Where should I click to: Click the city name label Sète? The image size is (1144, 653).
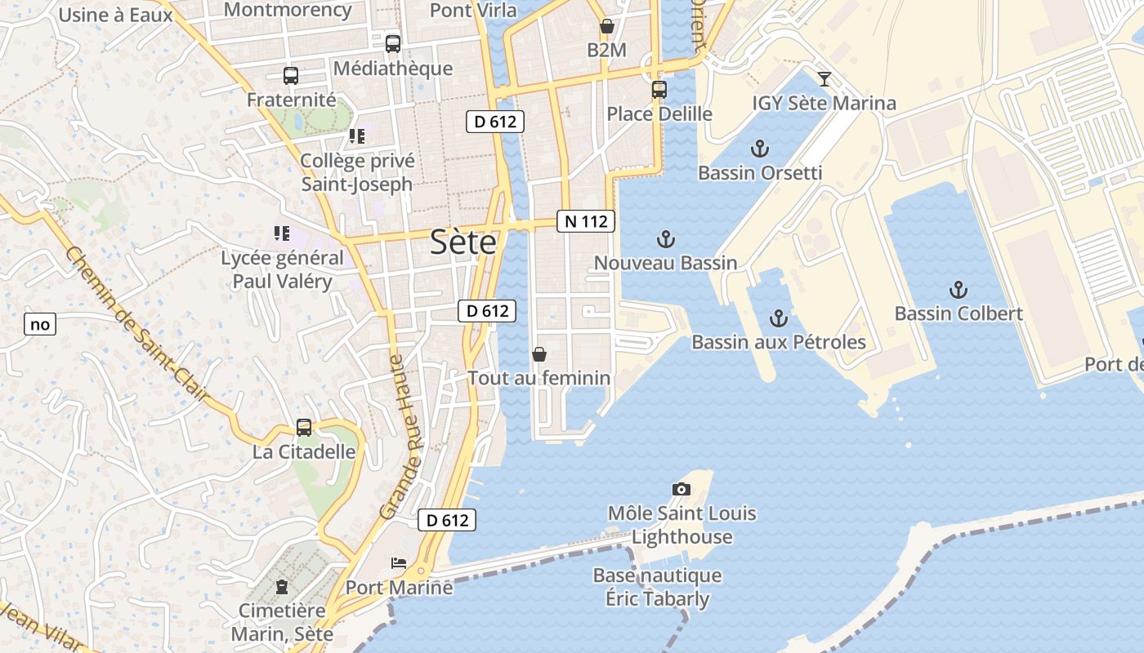click(463, 242)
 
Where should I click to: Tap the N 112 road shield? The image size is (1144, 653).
click(586, 221)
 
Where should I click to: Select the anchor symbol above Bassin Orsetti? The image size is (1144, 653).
click(760, 149)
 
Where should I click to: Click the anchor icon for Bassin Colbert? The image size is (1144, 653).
click(958, 290)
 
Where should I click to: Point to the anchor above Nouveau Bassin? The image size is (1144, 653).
click(666, 239)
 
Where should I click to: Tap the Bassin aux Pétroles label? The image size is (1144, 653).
click(778, 342)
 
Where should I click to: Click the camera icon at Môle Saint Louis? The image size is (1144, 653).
click(681, 489)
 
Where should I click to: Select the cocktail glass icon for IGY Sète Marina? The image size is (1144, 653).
click(824, 79)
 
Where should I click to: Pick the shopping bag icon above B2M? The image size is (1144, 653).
click(606, 26)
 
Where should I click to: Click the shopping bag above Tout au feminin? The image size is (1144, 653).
click(538, 354)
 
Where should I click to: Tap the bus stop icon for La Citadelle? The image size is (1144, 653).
click(304, 428)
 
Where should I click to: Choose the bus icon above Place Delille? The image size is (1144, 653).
click(659, 90)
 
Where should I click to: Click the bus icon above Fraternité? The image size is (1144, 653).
click(291, 76)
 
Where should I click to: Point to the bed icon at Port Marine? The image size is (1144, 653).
click(398, 563)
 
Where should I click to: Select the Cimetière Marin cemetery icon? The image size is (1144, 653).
click(282, 586)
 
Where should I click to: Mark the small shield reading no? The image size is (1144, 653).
click(39, 324)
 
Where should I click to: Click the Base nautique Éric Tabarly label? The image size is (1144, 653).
click(657, 587)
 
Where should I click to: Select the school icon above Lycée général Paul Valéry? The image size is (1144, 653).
click(282, 234)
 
